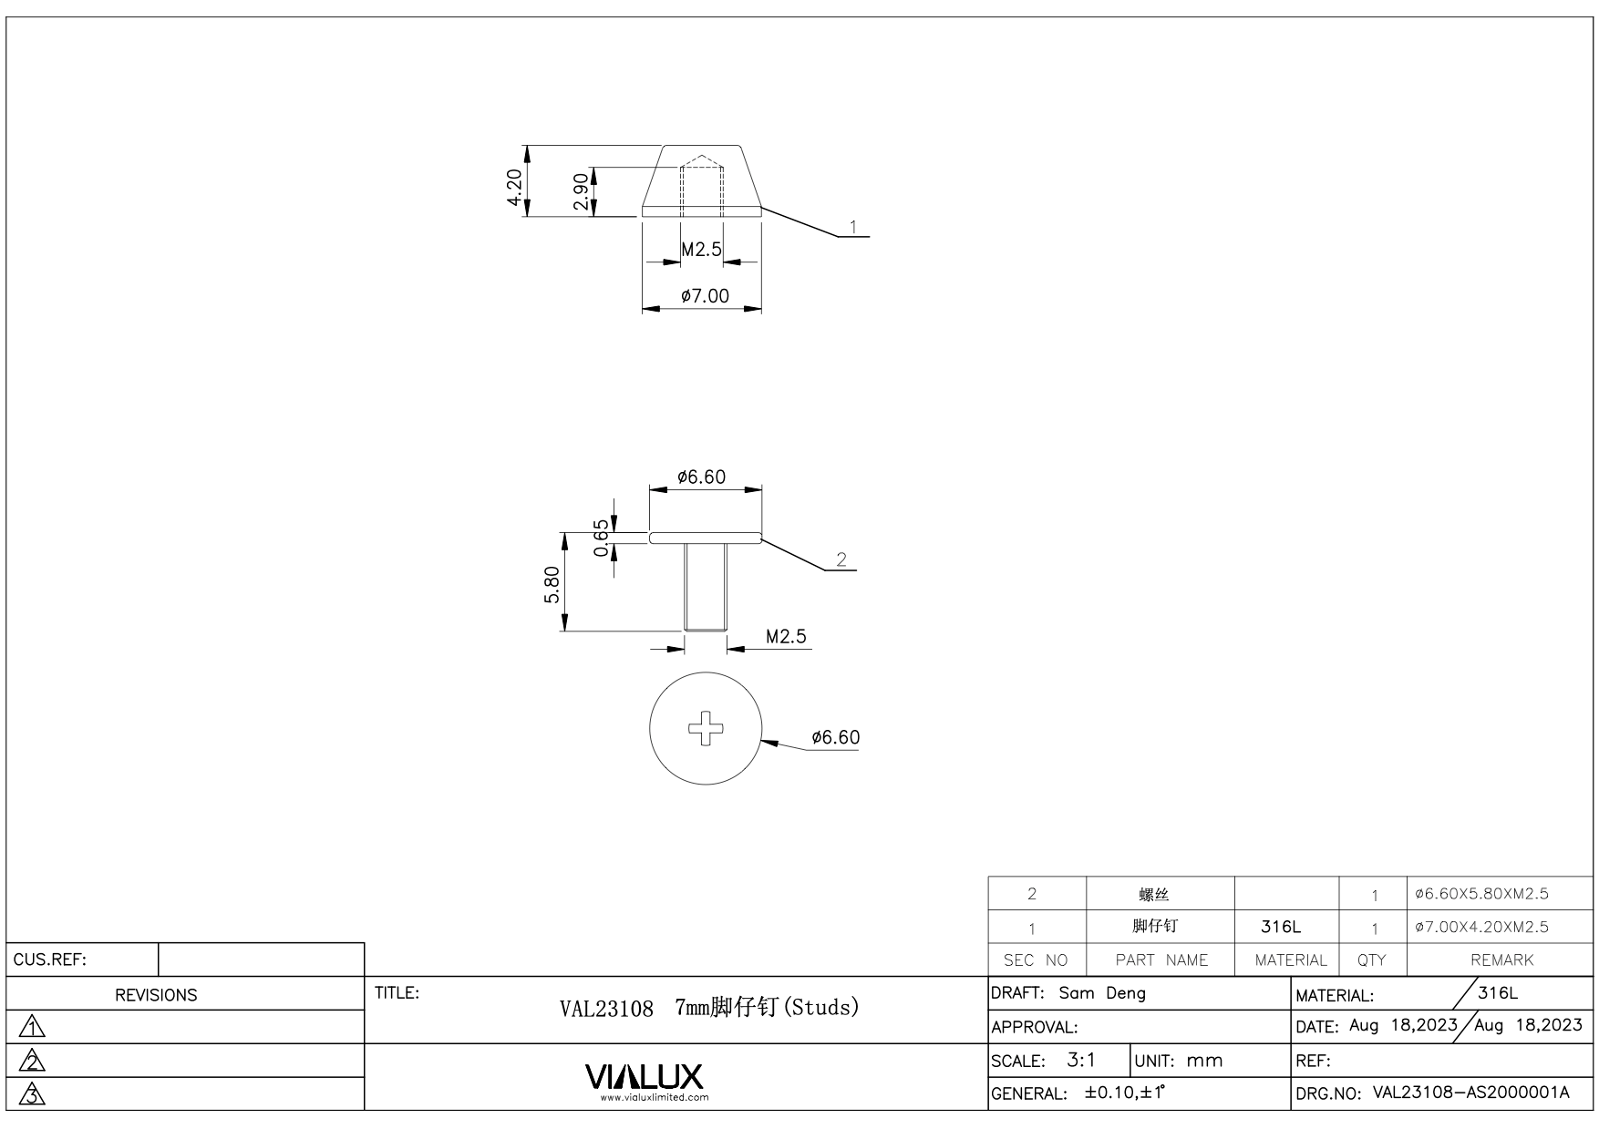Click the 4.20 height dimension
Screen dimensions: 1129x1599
point(515,188)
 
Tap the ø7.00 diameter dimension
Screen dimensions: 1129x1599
point(705,296)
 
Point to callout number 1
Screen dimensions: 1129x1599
point(853,226)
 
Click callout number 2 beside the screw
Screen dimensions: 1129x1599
point(841,559)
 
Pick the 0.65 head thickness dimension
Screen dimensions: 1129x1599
point(601,538)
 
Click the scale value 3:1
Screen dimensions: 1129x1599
point(1081,1061)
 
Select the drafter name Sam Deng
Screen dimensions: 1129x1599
point(1102,993)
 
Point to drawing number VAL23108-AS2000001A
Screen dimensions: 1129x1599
point(1470,1093)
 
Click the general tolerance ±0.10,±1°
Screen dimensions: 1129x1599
point(1125,1093)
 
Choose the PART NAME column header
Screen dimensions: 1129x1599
point(1161,960)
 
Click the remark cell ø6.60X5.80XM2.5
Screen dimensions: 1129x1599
point(1481,894)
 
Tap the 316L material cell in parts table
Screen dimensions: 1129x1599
point(1281,927)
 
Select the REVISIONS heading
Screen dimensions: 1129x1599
point(156,995)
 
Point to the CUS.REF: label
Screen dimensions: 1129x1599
point(50,960)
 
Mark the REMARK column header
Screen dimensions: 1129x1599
point(1501,960)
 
